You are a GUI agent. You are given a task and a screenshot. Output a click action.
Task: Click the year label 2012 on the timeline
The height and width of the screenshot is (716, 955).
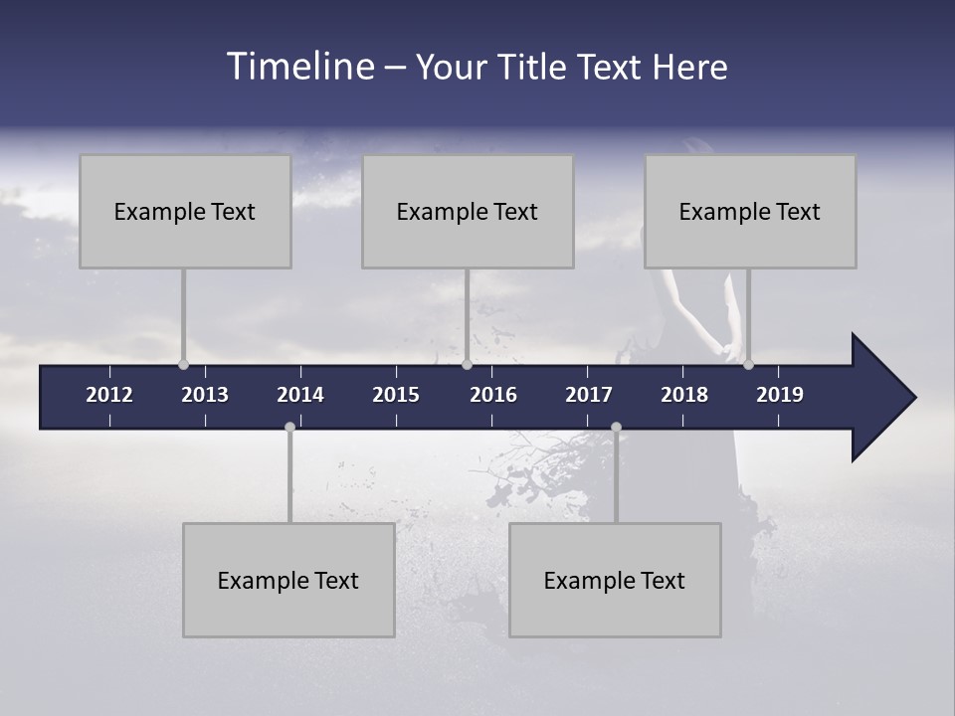109,395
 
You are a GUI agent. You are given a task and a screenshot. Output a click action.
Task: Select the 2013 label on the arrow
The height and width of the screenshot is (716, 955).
205,395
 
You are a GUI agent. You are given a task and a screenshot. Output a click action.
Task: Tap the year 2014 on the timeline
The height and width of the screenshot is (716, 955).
300,395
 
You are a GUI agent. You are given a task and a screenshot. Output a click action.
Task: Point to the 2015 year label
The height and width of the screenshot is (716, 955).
396,395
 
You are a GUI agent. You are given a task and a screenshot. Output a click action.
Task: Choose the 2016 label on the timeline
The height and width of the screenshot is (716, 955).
493,395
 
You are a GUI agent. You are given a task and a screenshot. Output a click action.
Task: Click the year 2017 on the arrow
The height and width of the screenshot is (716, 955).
589,395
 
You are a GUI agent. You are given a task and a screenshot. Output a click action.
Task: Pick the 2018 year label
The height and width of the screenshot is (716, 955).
684,395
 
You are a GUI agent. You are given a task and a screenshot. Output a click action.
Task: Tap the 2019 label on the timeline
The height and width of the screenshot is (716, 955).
780,395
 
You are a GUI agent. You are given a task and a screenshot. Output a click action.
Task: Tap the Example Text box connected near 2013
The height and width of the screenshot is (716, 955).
185,211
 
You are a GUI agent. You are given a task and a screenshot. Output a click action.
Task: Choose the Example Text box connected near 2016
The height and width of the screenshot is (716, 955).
468,211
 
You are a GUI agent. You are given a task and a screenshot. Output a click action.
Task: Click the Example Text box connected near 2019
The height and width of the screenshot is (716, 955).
750,211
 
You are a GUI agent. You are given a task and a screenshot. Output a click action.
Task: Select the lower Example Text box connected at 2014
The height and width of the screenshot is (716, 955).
288,580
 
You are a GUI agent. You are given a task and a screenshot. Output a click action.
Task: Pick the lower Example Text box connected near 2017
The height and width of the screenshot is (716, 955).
615,580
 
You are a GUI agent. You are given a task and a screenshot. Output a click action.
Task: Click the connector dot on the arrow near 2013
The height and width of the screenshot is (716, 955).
183,364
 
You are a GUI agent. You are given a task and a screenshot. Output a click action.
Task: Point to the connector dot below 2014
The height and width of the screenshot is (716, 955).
289,428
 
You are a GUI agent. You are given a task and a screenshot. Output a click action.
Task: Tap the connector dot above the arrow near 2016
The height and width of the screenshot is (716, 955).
467,364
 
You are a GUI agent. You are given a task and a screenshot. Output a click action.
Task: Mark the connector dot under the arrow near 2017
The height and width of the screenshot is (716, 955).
616,428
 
